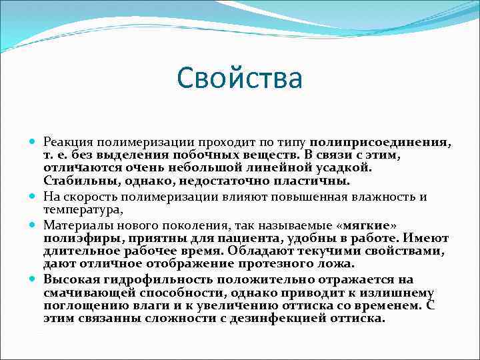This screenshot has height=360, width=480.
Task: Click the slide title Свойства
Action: click(240, 78)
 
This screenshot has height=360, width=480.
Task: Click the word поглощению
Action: click(81, 306)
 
